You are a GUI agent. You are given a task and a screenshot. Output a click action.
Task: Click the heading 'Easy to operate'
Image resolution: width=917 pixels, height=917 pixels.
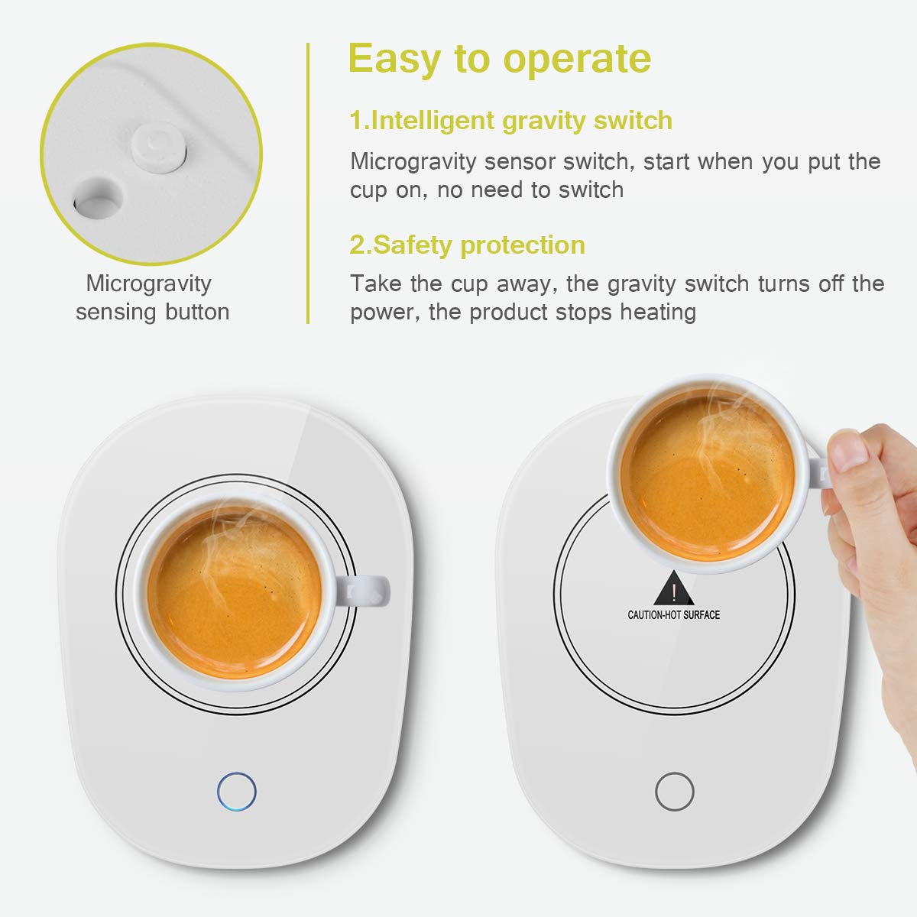point(500,59)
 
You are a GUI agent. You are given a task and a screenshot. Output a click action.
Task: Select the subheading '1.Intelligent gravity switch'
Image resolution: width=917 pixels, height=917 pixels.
point(510,121)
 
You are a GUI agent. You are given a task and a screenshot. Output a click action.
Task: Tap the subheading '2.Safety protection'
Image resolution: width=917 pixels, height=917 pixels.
point(467,245)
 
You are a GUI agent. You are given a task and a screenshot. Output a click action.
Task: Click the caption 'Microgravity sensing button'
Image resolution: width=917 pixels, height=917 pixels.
point(151,297)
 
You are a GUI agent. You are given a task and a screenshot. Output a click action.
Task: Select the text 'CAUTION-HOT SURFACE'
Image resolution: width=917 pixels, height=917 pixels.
point(673,614)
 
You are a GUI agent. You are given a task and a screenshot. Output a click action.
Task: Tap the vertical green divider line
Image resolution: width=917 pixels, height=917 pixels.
point(308,183)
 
